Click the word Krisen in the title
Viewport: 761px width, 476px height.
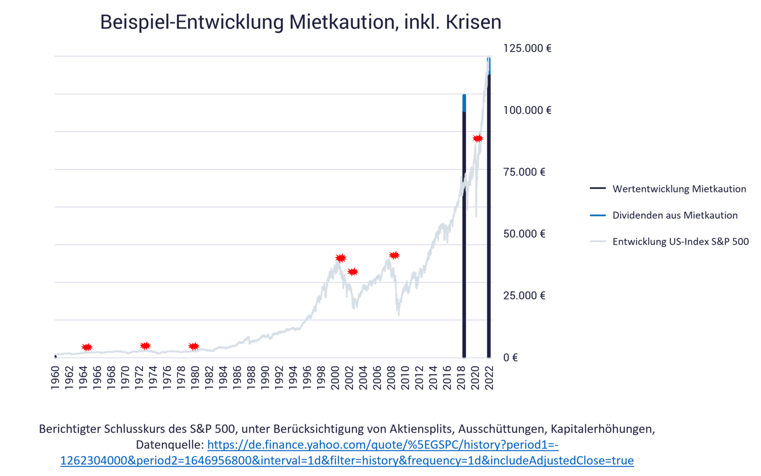coord(474,22)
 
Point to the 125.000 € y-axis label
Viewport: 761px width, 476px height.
coord(527,49)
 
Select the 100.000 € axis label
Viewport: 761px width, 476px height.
coord(527,110)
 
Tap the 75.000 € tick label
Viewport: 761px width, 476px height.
coord(524,172)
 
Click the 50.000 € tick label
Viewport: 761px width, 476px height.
coord(524,234)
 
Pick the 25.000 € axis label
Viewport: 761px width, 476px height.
coord(524,296)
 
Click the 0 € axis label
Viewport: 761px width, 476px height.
coord(510,357)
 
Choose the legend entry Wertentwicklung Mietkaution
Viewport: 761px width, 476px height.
coord(679,189)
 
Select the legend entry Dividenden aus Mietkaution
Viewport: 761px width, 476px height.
coord(674,215)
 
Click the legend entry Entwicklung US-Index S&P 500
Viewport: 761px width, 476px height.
coord(681,241)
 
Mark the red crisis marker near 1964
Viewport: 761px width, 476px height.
coord(87,347)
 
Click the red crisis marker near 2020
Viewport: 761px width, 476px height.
coord(477,138)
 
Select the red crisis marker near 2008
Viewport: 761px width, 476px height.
coord(395,255)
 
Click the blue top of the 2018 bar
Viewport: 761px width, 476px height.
coord(465,103)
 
